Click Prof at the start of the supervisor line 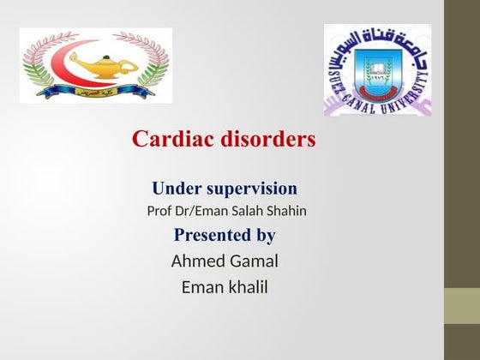click(159, 210)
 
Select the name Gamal click(255, 261)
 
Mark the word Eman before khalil click(201, 287)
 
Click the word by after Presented click(266, 236)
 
